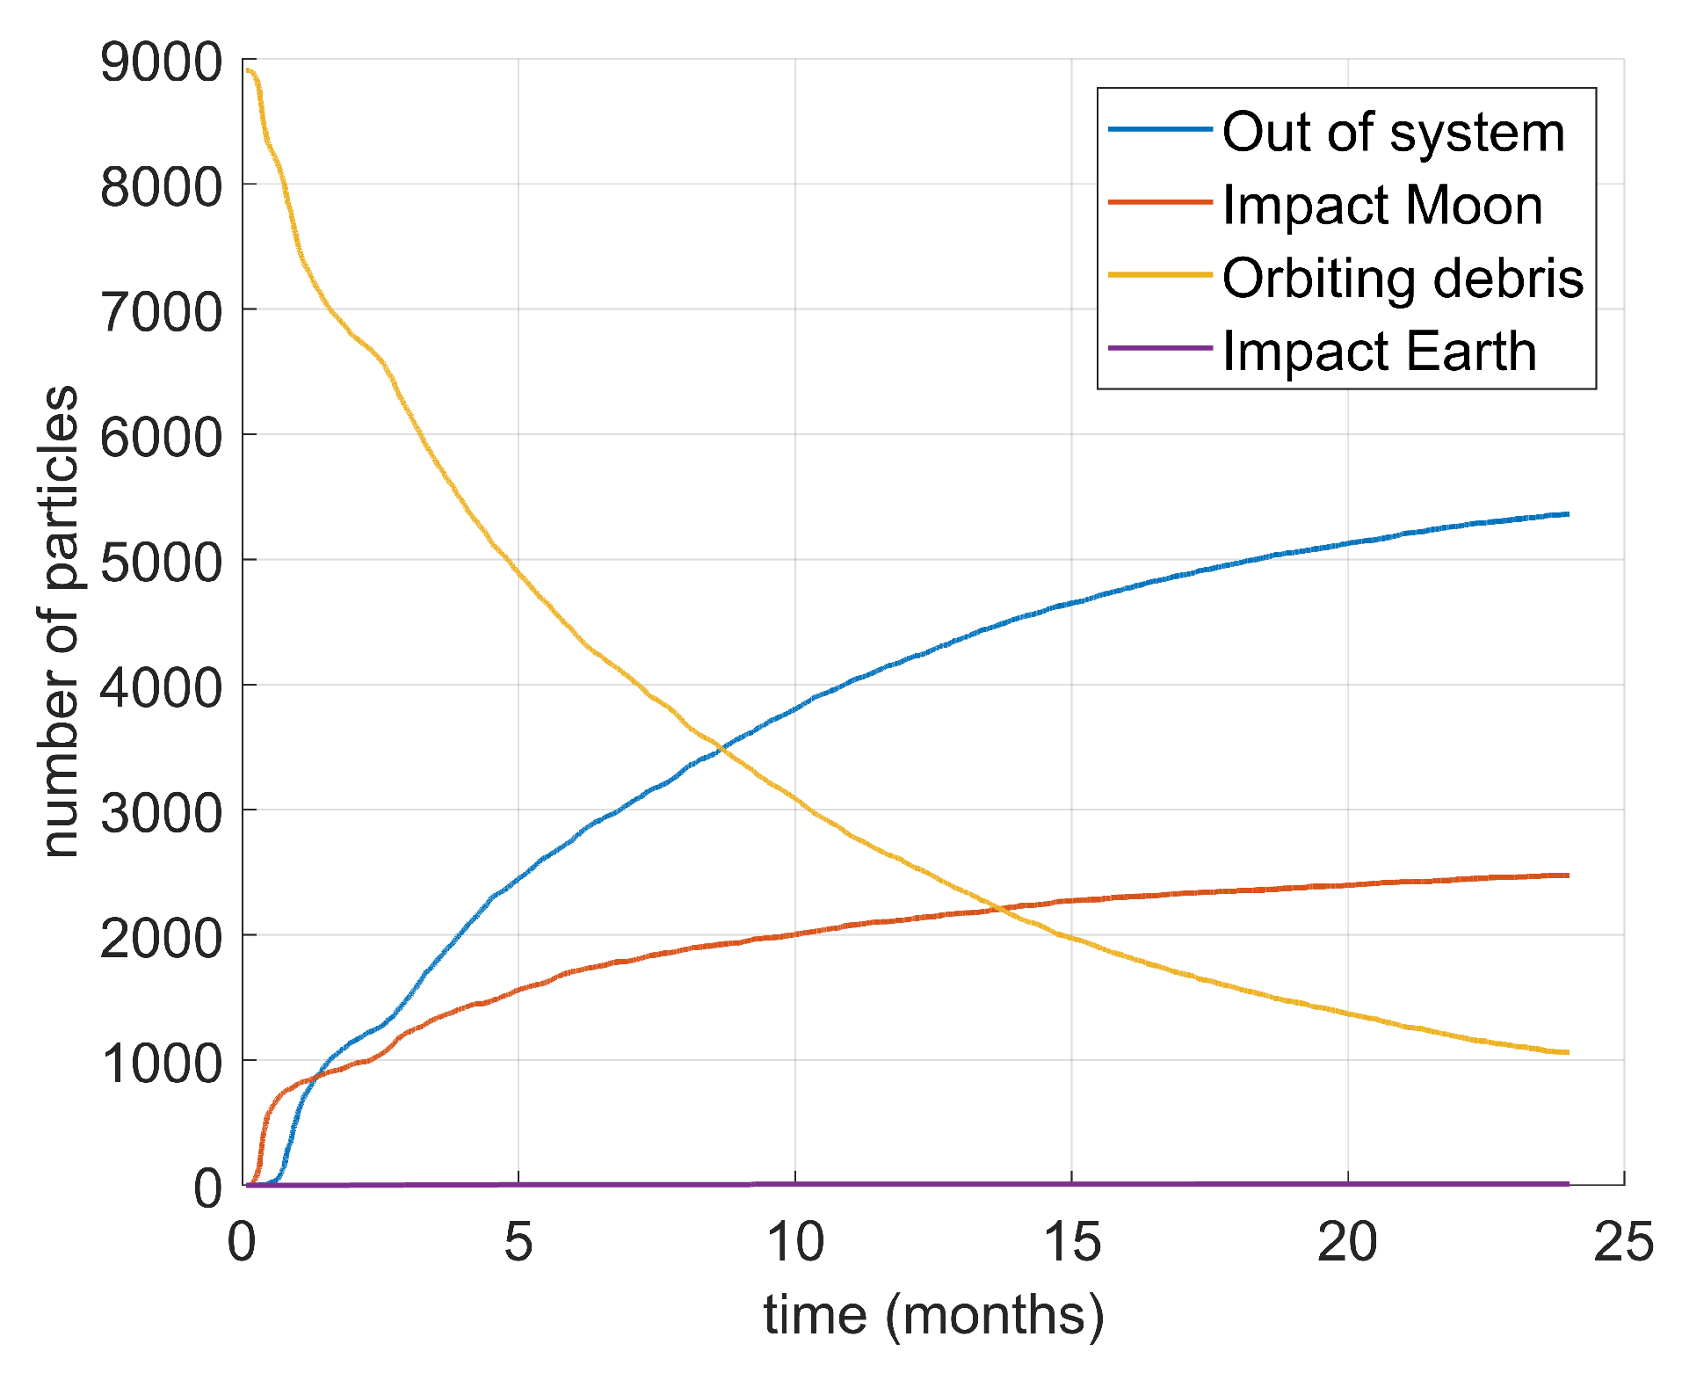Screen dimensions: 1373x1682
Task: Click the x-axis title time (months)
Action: tap(933, 1316)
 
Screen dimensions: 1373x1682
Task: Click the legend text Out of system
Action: tap(1393, 133)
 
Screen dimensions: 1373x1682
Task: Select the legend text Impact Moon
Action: tap(1381, 206)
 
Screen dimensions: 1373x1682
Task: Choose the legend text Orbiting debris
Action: tap(1403, 279)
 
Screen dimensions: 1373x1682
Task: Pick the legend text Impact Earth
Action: tap(1379, 352)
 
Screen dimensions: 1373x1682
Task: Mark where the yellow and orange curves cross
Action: tap(999, 909)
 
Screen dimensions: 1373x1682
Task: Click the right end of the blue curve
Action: tap(1568, 514)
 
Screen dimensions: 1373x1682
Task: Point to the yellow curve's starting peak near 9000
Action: tap(249, 70)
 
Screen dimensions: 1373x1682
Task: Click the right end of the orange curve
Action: tap(1568, 875)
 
